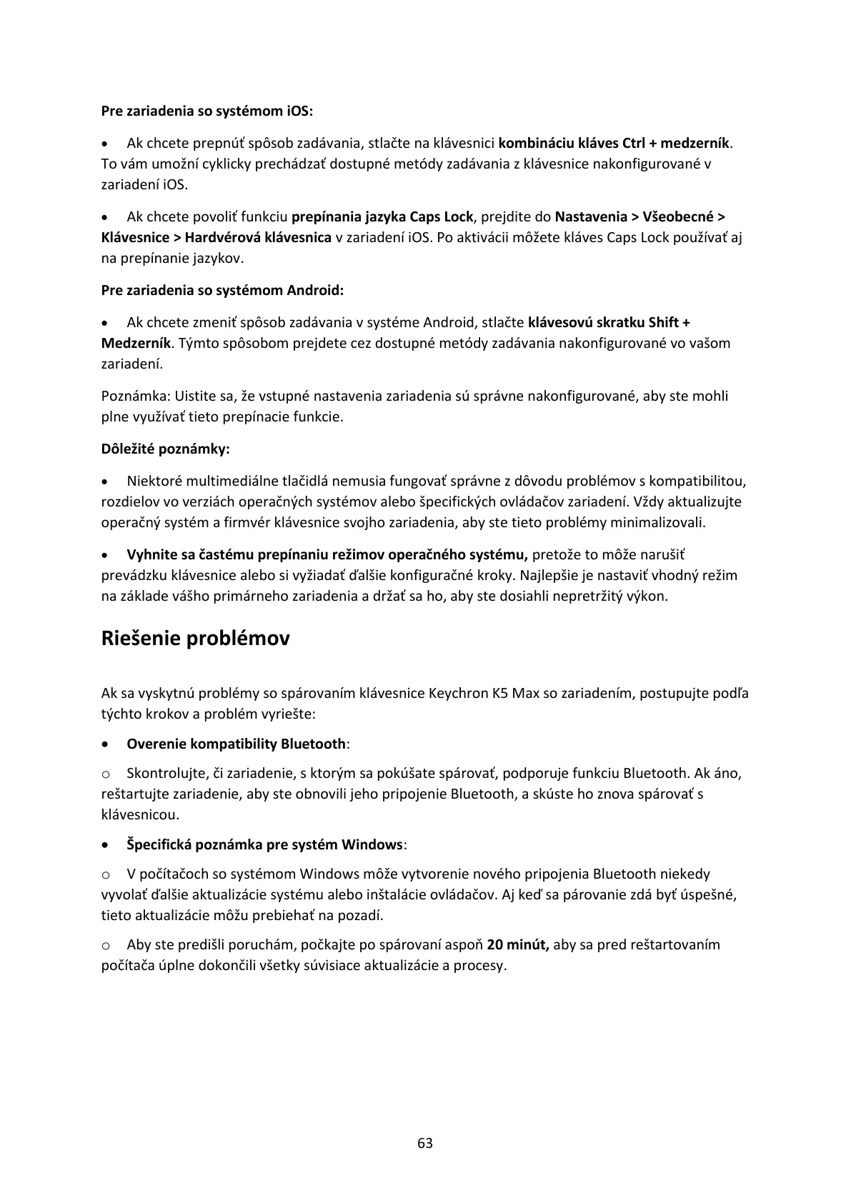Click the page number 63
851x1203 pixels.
coord(425,1143)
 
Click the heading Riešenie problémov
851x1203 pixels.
coord(196,638)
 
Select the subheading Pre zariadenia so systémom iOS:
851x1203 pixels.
coord(207,111)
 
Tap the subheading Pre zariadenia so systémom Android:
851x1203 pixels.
coord(222,291)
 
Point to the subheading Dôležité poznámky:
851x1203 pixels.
coord(165,449)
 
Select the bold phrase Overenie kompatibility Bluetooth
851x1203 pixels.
coord(236,744)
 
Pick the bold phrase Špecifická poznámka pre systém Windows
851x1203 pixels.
coord(264,845)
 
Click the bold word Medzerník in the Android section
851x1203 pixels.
coord(136,344)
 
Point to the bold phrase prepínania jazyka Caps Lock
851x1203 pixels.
coord(382,217)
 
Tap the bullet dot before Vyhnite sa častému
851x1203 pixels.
coord(106,555)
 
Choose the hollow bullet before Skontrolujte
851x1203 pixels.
coord(106,774)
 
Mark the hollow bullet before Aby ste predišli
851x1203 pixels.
coord(106,946)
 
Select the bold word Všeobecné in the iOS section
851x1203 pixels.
coord(679,217)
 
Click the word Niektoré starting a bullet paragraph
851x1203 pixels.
coord(155,481)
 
